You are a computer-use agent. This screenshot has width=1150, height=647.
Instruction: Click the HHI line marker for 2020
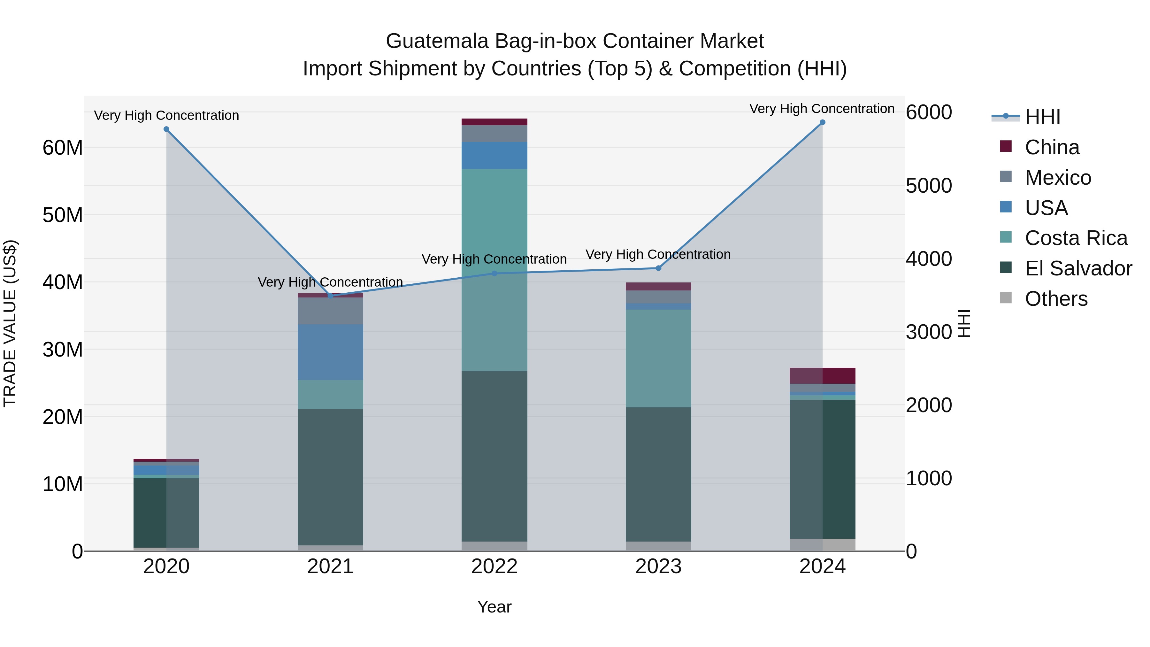[x=166, y=129]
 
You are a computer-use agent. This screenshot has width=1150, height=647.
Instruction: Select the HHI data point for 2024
[x=822, y=122]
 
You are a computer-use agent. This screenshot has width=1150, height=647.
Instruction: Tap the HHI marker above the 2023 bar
[x=658, y=268]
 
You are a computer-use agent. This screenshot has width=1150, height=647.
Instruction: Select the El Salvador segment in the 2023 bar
[x=658, y=474]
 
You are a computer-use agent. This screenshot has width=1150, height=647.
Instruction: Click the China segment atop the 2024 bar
[x=822, y=375]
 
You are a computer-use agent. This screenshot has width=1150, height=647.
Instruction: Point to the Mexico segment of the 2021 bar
[x=330, y=311]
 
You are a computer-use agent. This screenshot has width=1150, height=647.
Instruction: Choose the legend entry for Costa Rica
[x=1076, y=238]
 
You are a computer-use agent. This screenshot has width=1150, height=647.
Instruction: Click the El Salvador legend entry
[x=1078, y=268]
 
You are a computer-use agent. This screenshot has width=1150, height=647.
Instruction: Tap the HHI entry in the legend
[x=1042, y=117]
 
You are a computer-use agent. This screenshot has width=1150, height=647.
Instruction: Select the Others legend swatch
[x=1006, y=297]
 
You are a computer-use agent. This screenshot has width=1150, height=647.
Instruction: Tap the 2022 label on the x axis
[x=494, y=566]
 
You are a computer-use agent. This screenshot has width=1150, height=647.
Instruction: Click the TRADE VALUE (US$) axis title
[x=10, y=323]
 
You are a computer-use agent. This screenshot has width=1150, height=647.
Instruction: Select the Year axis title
[x=494, y=607]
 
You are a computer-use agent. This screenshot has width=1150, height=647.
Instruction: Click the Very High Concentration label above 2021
[x=330, y=282]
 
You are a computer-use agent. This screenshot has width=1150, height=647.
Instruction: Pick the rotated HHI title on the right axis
[x=964, y=323]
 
